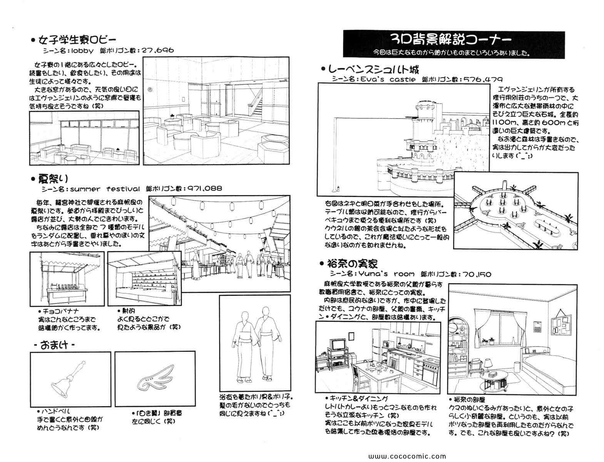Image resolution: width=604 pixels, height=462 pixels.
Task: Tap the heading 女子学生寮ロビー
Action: click(x=76, y=40)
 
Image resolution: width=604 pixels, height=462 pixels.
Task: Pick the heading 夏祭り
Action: click(x=53, y=179)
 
